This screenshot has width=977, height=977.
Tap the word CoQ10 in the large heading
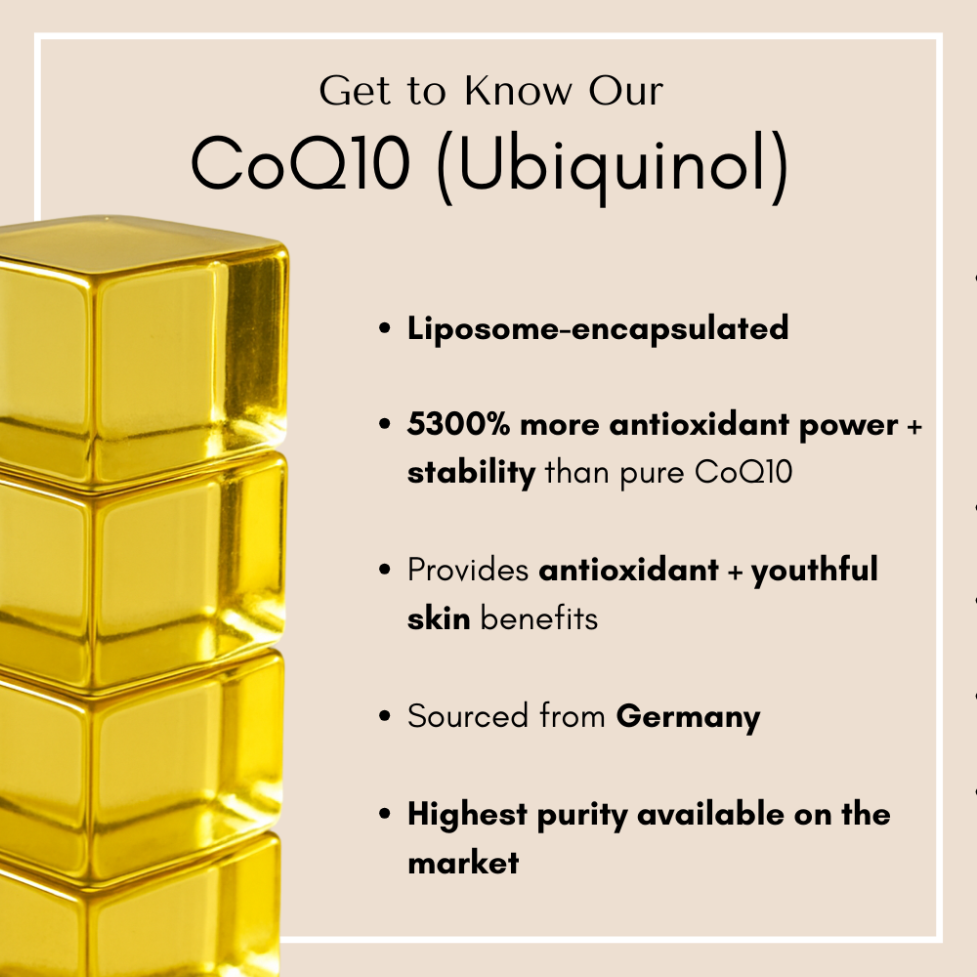(300, 164)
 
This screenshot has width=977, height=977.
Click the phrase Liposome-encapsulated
(598, 328)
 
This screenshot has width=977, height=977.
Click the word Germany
(688, 717)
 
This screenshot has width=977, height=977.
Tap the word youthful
(815, 571)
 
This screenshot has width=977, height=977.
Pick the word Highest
(468, 815)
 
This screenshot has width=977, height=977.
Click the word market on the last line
(463, 864)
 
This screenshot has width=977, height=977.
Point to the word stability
(471, 474)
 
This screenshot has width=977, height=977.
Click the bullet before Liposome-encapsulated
(386, 329)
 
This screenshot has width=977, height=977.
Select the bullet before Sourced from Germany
(386, 718)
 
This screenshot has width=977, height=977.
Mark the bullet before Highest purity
(386, 816)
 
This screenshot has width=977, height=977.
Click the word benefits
(538, 619)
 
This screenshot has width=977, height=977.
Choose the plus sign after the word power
(914, 426)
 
